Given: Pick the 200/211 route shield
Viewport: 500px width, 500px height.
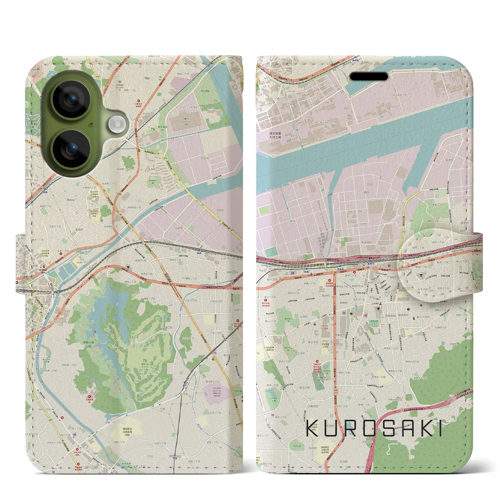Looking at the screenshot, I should coord(336,391).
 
